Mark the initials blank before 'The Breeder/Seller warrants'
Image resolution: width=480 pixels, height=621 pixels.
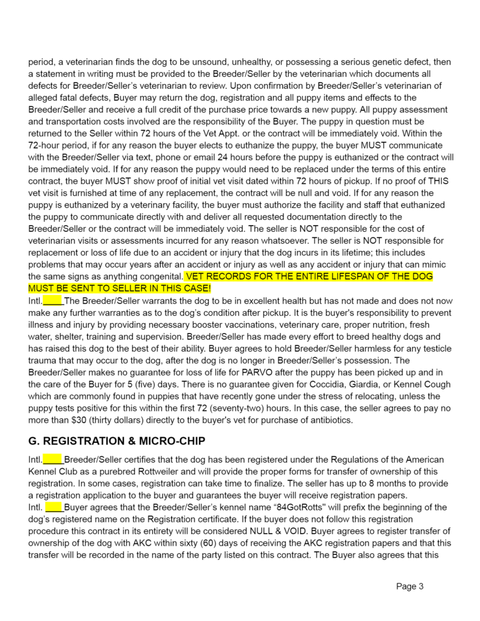click(53, 300)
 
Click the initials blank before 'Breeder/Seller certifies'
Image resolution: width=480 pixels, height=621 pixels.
click(53, 460)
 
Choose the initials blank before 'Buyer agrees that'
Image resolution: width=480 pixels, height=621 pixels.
click(54, 506)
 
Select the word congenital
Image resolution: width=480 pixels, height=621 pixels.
click(160, 277)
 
